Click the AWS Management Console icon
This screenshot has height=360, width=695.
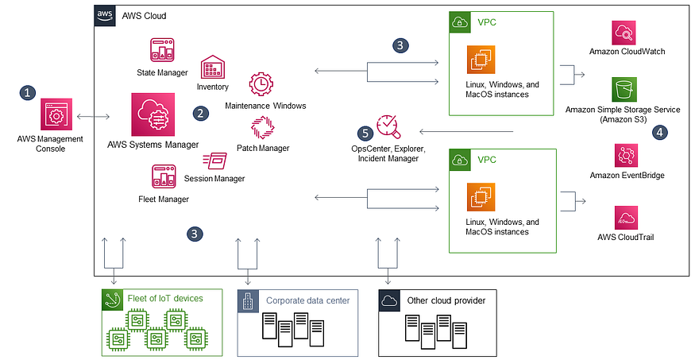tap(56, 114)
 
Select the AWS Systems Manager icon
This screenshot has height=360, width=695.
tap(153, 114)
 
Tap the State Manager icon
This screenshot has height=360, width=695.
tap(162, 50)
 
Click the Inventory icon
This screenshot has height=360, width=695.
tap(213, 67)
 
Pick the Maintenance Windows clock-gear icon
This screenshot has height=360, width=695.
tap(261, 85)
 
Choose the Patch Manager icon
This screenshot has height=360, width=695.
tap(263, 128)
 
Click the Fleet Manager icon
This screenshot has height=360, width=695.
tap(164, 176)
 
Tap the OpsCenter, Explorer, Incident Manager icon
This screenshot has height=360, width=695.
tap(388, 126)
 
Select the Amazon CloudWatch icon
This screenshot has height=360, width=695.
tap(624, 33)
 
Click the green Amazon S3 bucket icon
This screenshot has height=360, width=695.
tap(624, 90)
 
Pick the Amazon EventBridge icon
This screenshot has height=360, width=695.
tap(627, 155)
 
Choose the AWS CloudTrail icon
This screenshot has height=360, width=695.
tap(627, 217)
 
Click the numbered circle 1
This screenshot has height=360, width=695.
tap(28, 93)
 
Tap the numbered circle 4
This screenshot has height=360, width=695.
tap(659, 132)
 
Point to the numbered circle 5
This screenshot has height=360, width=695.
tap(365, 133)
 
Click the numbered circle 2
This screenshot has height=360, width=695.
tap(201, 113)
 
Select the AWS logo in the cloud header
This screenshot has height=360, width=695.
tap(105, 16)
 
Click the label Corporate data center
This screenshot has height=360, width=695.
tap(308, 300)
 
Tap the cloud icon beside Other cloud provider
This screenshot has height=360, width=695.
tap(390, 300)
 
